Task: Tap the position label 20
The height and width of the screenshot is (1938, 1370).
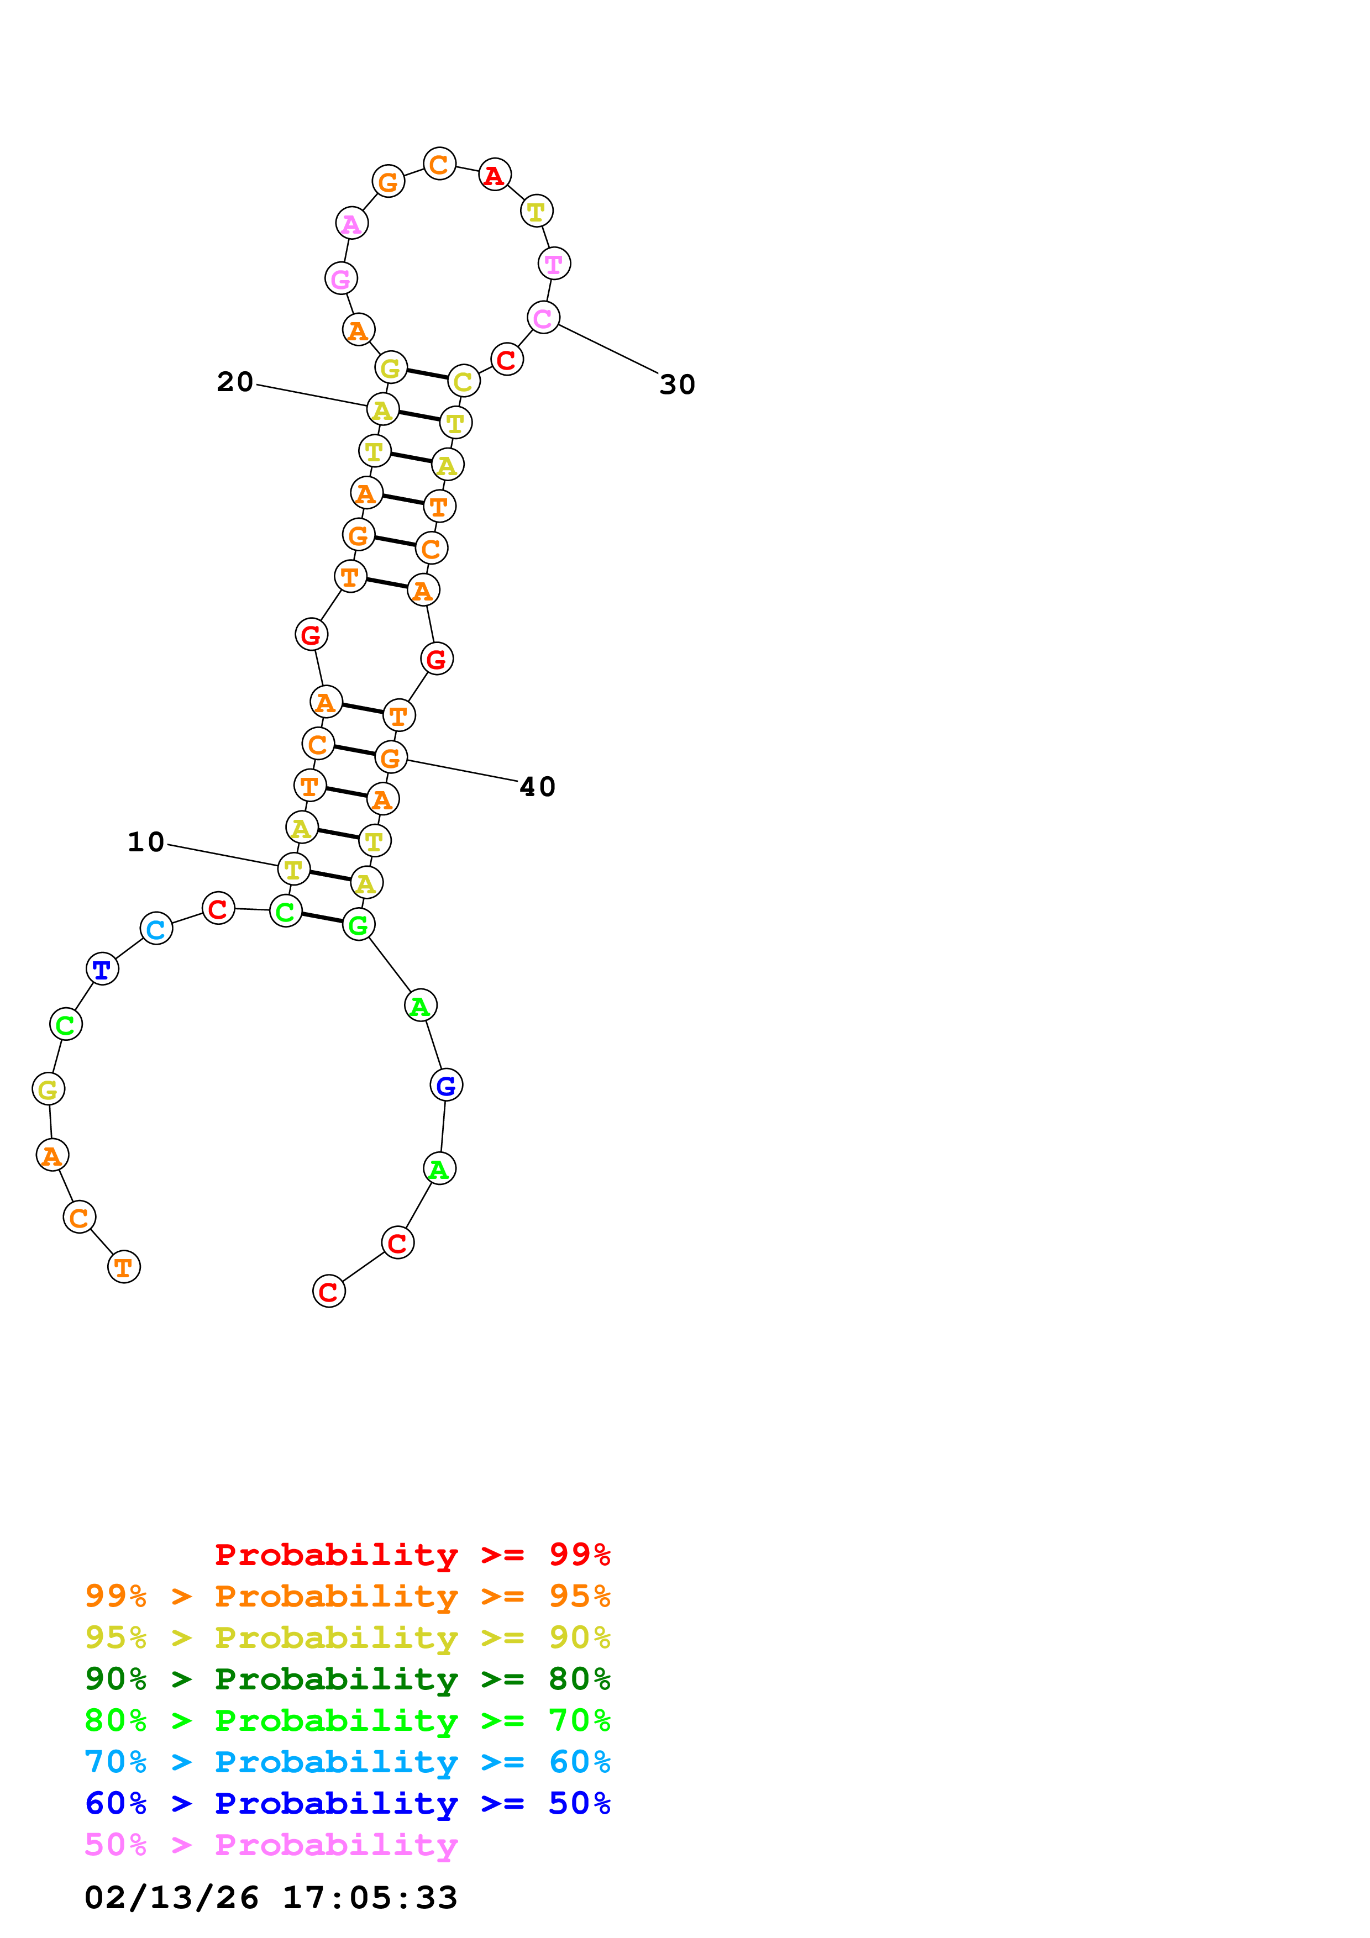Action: [x=235, y=382]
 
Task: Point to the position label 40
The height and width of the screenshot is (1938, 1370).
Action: [x=537, y=787]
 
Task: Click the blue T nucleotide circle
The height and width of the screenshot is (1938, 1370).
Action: [x=102, y=969]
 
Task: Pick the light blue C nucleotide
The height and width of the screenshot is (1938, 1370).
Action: [x=156, y=929]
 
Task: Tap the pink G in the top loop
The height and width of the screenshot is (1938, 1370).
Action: [x=341, y=278]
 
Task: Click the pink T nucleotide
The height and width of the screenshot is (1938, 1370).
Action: [x=554, y=264]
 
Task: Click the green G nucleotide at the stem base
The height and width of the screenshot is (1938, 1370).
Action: [x=359, y=925]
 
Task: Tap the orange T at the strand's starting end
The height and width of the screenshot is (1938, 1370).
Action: [x=124, y=1266]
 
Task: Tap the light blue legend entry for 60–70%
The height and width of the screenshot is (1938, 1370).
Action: [x=347, y=1762]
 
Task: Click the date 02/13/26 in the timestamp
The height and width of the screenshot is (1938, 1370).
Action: [x=171, y=1898]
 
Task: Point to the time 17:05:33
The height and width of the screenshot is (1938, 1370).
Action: [x=370, y=1898]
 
